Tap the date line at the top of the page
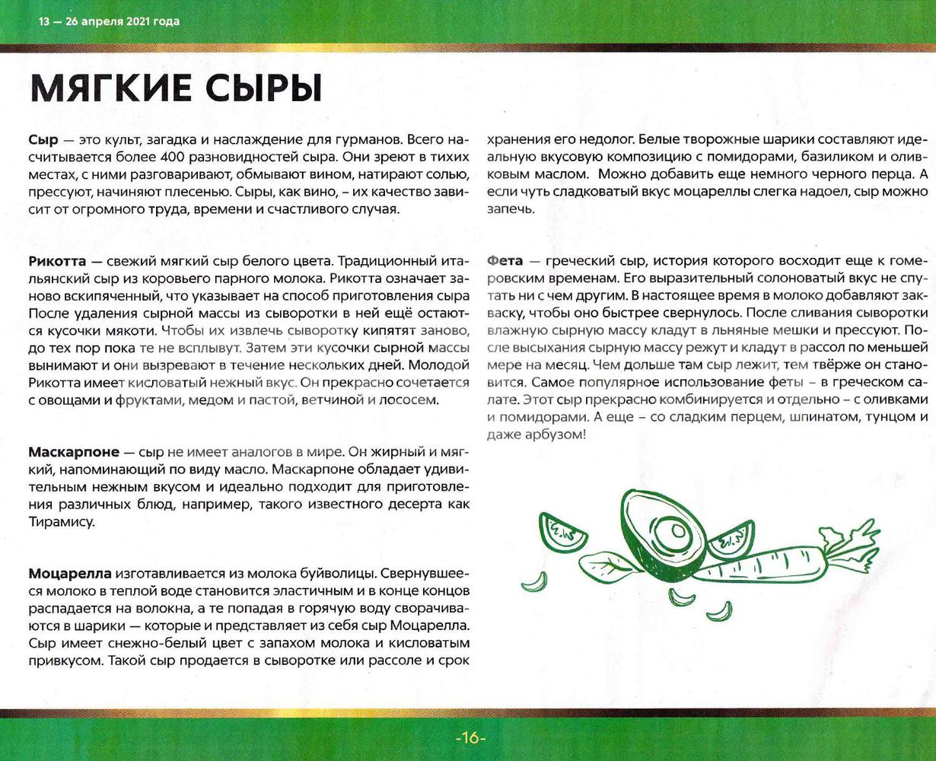pyautogui.click(x=110, y=21)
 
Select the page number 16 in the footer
pyautogui.click(x=470, y=737)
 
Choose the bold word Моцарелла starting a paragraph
pyautogui.click(x=70, y=573)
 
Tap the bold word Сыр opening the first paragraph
pyautogui.click(x=43, y=140)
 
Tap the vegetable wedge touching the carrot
pyautogui.click(x=730, y=538)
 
